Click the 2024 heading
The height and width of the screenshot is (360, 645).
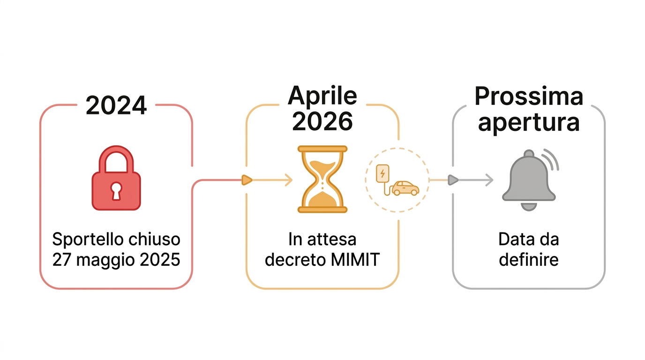tap(116, 105)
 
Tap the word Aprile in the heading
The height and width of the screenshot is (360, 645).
tap(322, 96)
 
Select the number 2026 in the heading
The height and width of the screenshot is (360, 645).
tap(322, 121)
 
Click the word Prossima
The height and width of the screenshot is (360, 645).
tap(529, 96)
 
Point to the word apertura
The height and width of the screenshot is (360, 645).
tap(529, 122)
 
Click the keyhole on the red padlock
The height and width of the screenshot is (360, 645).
tap(116, 191)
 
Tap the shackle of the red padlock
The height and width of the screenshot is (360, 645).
tap(116, 159)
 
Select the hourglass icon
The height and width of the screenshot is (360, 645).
tap(322, 179)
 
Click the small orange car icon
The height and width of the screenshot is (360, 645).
tap(405, 188)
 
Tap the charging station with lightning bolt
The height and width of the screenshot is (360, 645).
tap(382, 173)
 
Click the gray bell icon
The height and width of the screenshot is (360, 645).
tap(529, 180)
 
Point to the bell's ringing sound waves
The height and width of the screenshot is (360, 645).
tap(551, 159)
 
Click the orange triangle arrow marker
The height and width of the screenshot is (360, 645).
tap(247, 180)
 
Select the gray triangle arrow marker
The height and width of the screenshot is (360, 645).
tap(453, 180)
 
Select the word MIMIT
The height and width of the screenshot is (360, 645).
tap(355, 260)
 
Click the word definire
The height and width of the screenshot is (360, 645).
tap(529, 260)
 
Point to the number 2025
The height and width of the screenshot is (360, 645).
tap(160, 260)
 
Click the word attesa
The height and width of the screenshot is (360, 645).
tap(332, 240)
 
